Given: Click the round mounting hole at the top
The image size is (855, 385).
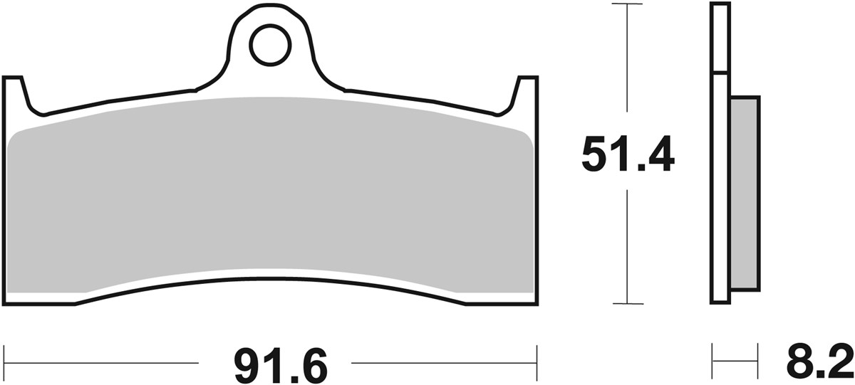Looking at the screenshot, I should [x=270, y=43].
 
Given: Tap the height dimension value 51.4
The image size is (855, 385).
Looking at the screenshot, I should [x=628, y=155].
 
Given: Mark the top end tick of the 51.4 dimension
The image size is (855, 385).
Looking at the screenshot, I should [x=627, y=4].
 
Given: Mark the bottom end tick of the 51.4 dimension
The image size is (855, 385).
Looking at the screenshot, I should [x=627, y=304].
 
